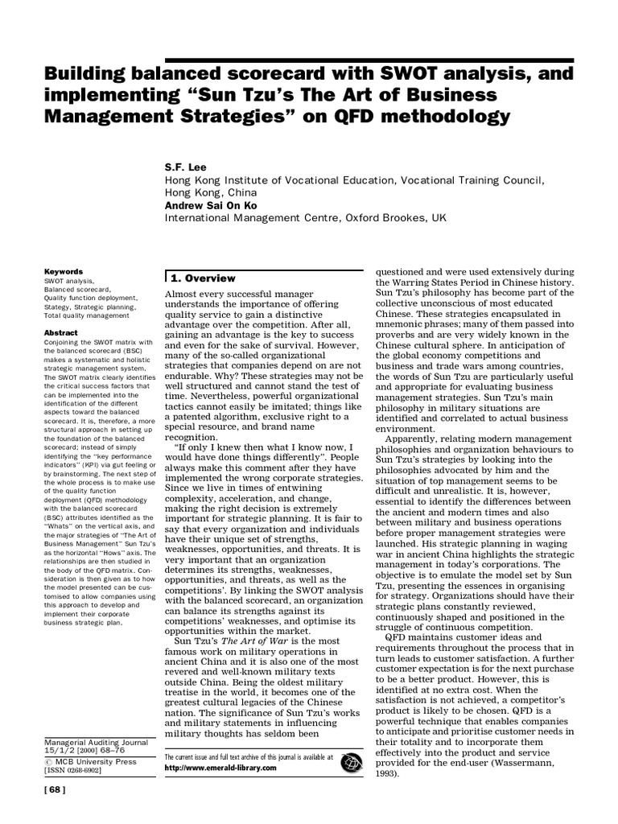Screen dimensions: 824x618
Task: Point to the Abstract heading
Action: coord(61,332)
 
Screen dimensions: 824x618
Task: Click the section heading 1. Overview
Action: coord(203,278)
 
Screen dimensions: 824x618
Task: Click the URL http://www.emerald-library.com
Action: coord(220,768)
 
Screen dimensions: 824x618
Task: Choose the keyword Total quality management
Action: coord(88,315)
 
